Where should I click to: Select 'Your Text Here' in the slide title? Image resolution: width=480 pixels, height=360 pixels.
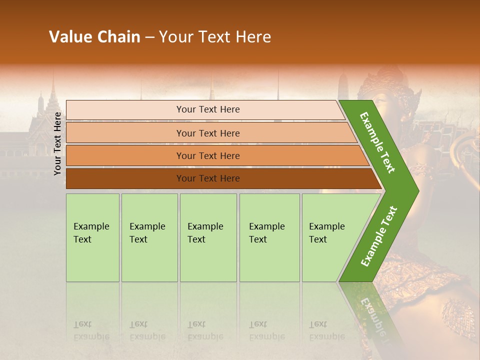click(214, 37)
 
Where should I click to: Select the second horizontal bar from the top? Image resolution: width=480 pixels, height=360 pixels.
click(208, 133)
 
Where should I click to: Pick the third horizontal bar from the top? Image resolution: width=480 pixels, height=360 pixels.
click(208, 155)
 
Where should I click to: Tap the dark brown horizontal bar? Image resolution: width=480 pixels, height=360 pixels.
click(208, 178)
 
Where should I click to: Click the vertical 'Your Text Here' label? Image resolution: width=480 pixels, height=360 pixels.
click(57, 143)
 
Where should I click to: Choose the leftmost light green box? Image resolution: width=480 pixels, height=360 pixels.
click(92, 237)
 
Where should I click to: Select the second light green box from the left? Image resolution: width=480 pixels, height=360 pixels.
click(149, 237)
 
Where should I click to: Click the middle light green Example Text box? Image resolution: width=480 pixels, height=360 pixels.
click(208, 237)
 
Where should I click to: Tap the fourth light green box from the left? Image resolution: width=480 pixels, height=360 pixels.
click(269, 237)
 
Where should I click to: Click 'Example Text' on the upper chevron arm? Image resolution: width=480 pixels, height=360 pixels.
click(377, 142)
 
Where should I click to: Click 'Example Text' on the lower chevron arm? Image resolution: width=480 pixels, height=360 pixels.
click(378, 236)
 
